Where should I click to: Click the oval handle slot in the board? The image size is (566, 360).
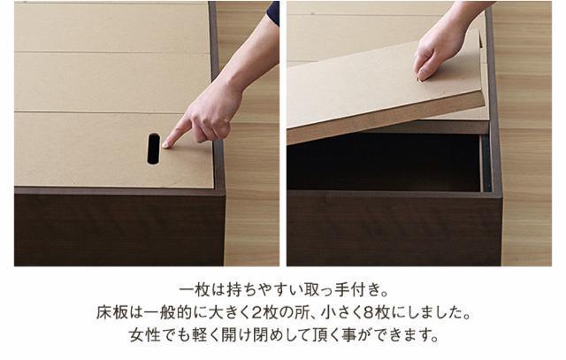[154, 149]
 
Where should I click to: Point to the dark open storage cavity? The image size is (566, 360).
[380, 164]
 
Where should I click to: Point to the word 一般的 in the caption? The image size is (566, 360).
[167, 313]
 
